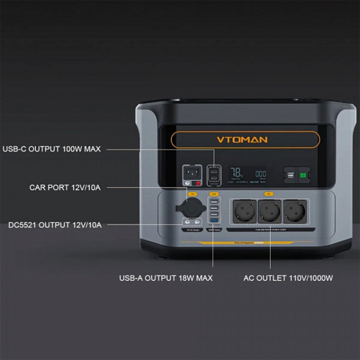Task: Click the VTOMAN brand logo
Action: (x=245, y=140)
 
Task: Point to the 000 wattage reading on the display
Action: (x=260, y=174)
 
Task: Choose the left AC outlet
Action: (x=244, y=211)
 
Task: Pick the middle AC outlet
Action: (x=269, y=211)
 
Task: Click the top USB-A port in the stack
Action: (x=213, y=201)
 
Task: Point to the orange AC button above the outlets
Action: (x=269, y=194)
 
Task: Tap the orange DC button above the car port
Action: (x=192, y=194)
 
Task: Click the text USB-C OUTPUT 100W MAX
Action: (x=51, y=149)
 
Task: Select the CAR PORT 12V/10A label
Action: (x=65, y=187)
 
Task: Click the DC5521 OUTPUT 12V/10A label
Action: (x=55, y=225)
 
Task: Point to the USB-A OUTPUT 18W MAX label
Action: (x=165, y=278)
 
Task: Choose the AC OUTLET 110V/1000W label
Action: (x=288, y=278)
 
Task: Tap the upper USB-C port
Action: (x=213, y=171)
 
